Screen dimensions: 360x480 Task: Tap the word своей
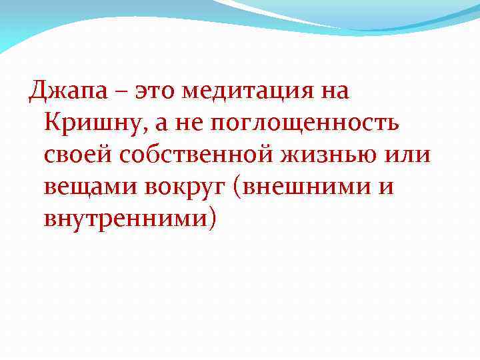pos(77,155)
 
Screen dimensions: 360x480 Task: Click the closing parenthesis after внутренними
pos(213,219)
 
